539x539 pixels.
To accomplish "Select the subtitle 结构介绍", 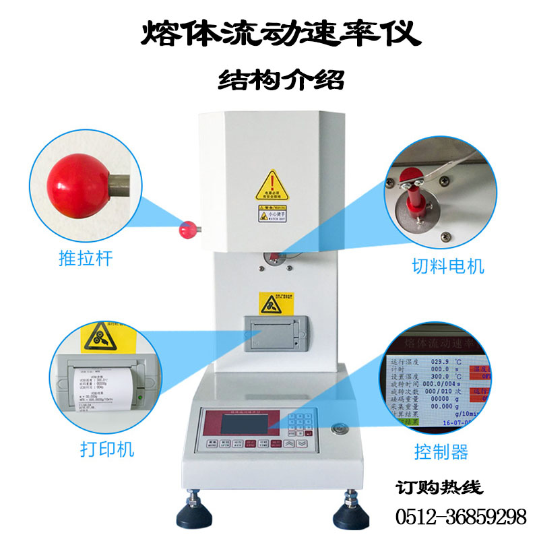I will [x=281, y=80].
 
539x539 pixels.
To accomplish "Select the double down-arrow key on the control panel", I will [x=303, y=444].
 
